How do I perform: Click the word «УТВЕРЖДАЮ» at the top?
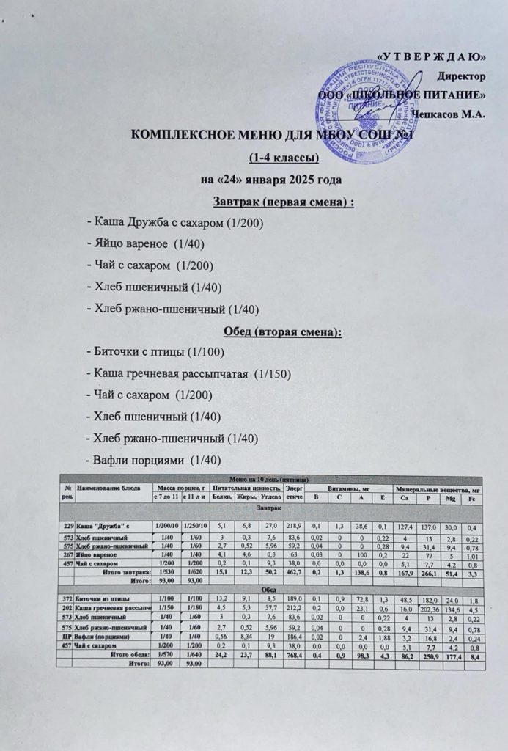tap(432, 56)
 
